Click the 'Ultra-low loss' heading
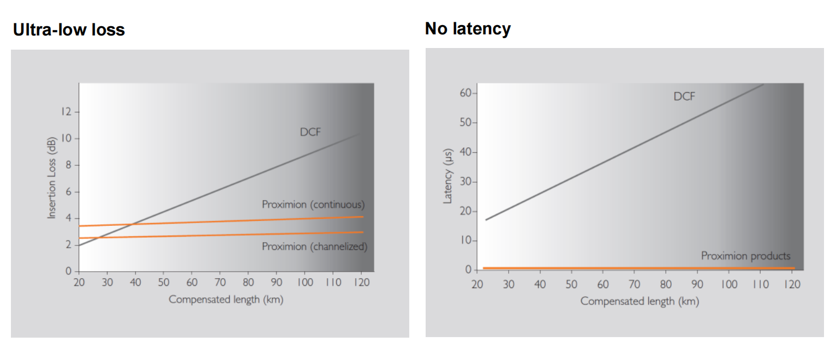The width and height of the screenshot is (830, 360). (x=69, y=29)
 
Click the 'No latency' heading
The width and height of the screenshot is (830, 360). (x=468, y=28)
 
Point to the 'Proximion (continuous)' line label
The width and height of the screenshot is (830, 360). (x=313, y=205)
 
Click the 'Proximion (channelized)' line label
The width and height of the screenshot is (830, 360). (x=314, y=247)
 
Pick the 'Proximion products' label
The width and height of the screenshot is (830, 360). (x=745, y=256)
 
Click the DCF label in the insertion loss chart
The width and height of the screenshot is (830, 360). (x=310, y=132)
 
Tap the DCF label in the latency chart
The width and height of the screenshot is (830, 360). (x=684, y=97)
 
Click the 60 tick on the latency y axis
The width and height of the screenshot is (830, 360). (x=465, y=93)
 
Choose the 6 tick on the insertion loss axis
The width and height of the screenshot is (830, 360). (x=69, y=192)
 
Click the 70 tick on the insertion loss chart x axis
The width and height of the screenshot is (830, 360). (x=219, y=282)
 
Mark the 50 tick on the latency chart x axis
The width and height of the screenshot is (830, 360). (x=571, y=284)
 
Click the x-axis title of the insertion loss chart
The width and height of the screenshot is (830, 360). (x=226, y=299)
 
